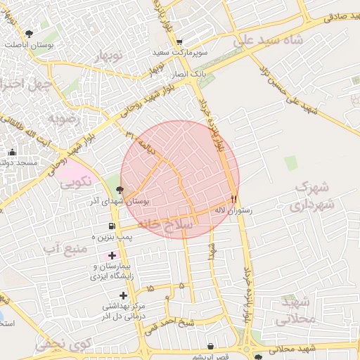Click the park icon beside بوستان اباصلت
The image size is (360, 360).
(x=29, y=34)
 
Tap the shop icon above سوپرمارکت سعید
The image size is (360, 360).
(x=180, y=41)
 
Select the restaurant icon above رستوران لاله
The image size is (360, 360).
(x=234, y=199)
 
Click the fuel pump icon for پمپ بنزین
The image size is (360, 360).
(x=112, y=226)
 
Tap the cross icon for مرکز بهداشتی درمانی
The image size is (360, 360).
(x=124, y=295)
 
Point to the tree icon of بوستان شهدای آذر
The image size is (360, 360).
(x=120, y=189)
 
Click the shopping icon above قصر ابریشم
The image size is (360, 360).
(x=212, y=345)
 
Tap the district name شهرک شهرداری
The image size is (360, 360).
(x=310, y=197)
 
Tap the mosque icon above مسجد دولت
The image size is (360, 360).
(x=11, y=152)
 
